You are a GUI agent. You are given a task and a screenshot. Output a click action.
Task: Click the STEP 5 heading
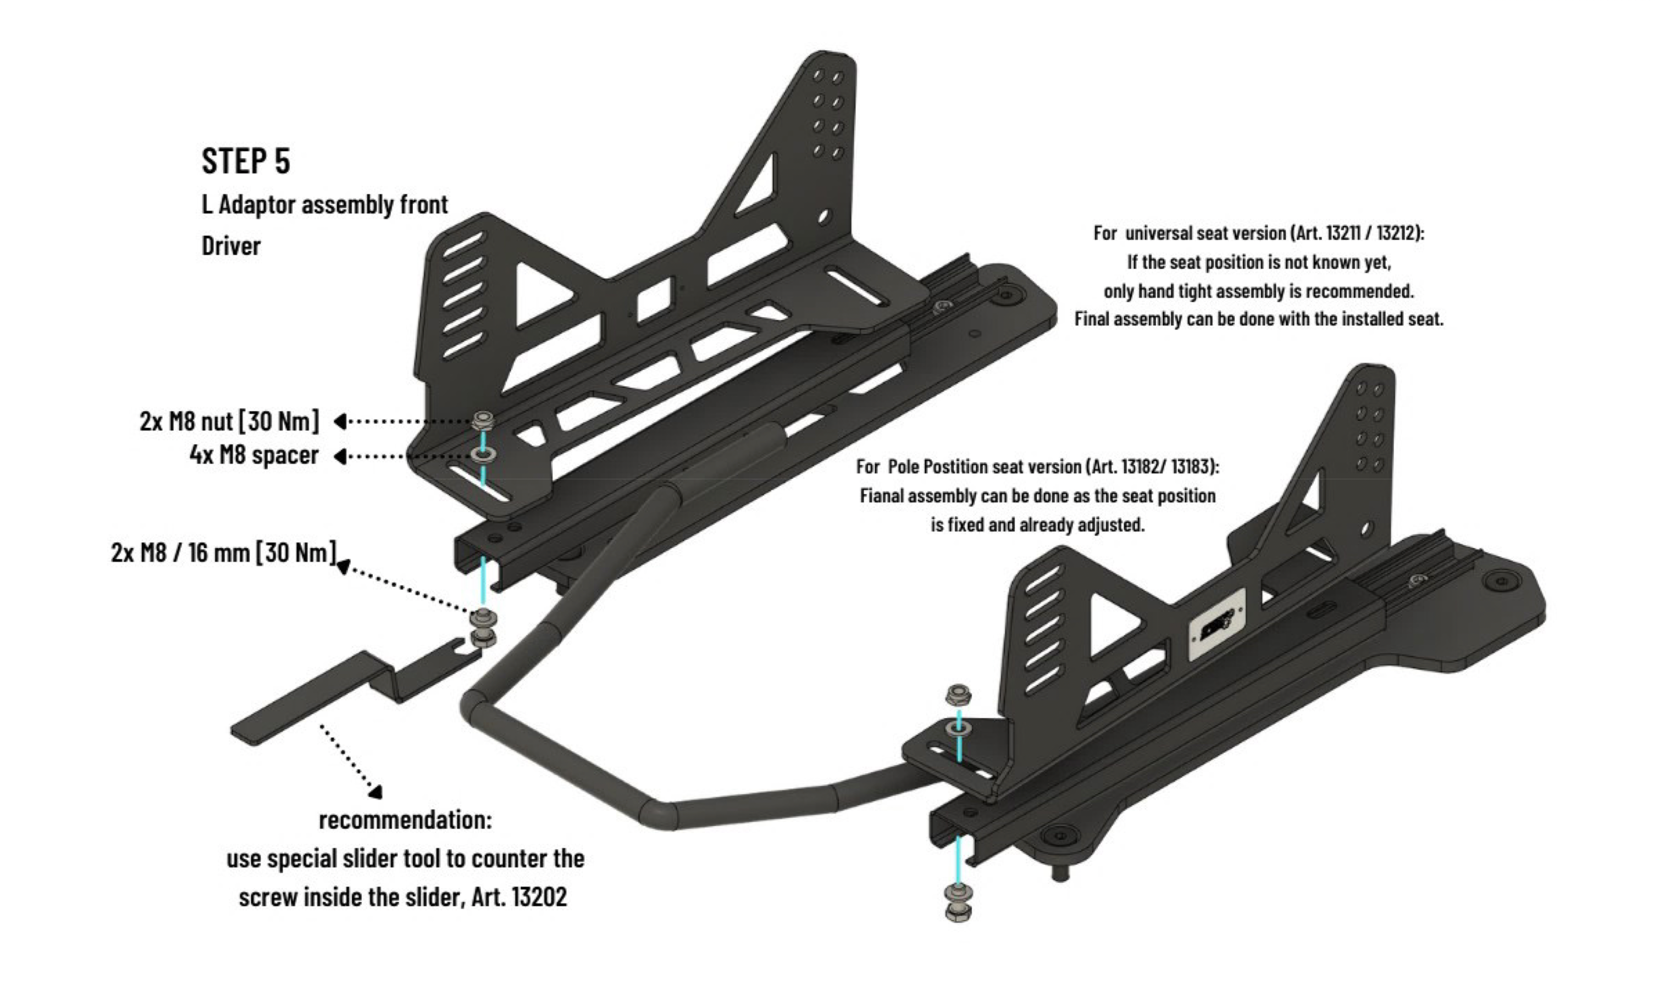(246, 161)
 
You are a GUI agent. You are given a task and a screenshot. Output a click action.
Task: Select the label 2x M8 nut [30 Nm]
(229, 421)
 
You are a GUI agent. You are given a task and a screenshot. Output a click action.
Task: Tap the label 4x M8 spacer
(254, 456)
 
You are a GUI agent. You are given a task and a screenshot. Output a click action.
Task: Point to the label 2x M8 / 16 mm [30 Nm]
(223, 553)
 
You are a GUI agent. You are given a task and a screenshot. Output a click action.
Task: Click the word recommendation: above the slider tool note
(405, 820)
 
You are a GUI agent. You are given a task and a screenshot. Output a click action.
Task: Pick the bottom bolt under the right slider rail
(958, 912)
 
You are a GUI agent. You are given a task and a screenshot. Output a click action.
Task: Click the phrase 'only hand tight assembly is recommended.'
(1258, 291)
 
